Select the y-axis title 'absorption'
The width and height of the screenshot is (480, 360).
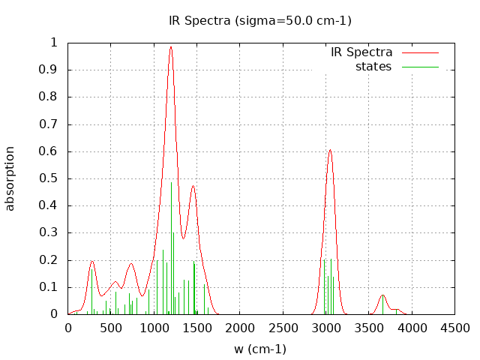pos(10,178)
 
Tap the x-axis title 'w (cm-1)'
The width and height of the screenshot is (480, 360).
pos(260,349)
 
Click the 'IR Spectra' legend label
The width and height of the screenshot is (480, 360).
pos(361,52)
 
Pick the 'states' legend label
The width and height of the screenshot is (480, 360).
pos(373,67)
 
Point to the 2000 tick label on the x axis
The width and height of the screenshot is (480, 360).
pos(240,328)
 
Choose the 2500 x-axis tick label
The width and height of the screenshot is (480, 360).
pos(283,328)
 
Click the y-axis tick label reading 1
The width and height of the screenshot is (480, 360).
pos(53,43)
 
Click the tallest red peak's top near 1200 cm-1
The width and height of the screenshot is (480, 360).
pos(171,46)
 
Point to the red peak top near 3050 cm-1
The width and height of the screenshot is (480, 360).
pos(330,150)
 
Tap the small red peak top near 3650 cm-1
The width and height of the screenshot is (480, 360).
pos(382,295)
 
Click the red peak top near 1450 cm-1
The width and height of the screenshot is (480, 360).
pos(193,185)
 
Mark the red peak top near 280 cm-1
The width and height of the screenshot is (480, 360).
pos(92,261)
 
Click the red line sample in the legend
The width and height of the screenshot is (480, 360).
pos(420,52)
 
